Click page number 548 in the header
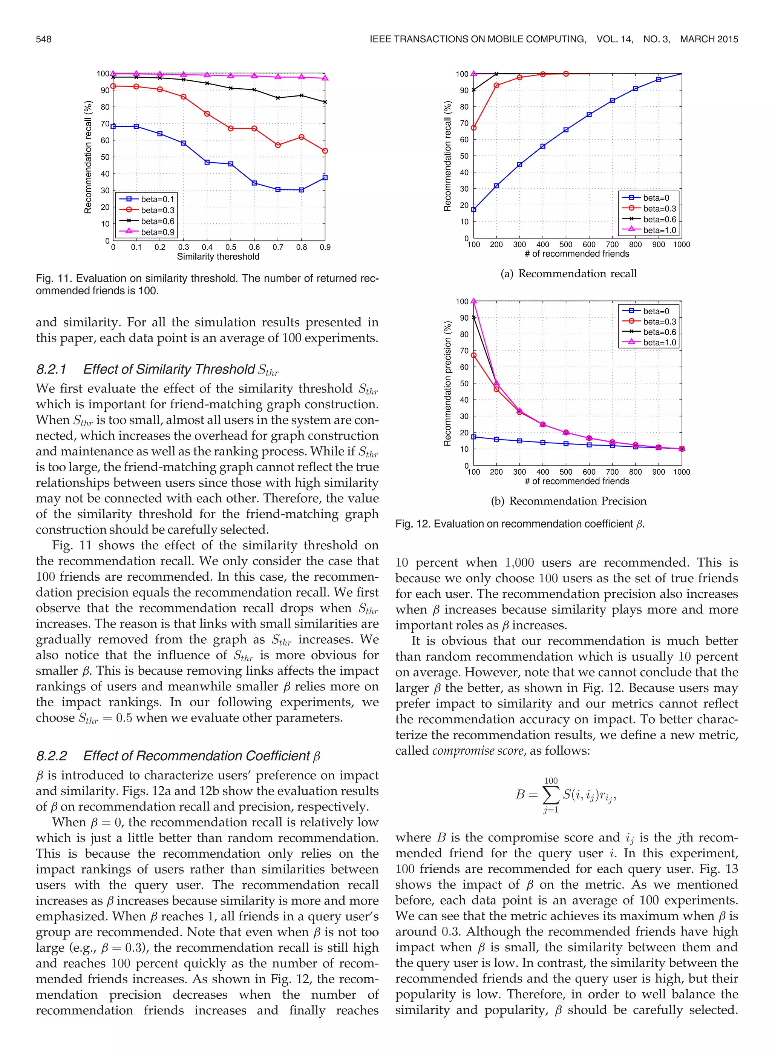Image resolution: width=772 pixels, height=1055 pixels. coord(43,39)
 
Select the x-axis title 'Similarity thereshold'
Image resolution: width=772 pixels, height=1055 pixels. coord(218,257)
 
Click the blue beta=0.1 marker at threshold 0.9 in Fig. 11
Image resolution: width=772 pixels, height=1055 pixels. coord(325,178)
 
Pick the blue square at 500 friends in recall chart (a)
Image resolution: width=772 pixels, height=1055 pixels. coord(566,130)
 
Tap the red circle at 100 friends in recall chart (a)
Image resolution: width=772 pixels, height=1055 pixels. coord(474,128)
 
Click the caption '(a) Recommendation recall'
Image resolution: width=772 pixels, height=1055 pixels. coord(568,274)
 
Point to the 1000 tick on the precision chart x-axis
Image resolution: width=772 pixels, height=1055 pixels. coord(681,472)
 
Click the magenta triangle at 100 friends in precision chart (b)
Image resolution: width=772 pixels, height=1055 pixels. coord(474,301)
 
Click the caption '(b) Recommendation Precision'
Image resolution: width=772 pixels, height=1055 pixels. coord(568,501)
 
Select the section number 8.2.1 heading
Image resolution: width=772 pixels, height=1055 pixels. coord(51,369)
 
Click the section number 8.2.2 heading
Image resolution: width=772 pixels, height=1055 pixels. coord(51,756)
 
